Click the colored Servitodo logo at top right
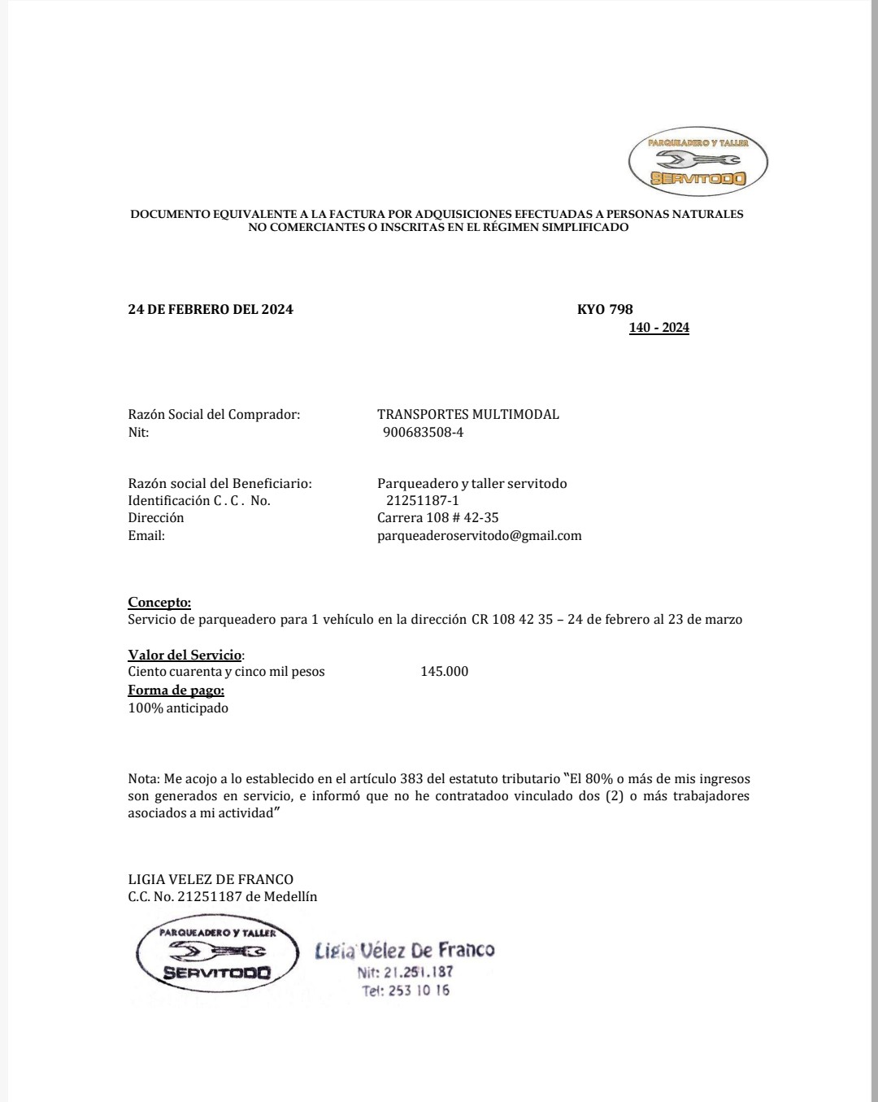698,162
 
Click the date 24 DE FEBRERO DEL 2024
211,309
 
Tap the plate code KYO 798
604,309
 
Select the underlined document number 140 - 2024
658,328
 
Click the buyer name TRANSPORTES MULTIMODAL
467,414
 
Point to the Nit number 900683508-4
423,432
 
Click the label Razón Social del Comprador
214,414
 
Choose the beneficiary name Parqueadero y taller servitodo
472,483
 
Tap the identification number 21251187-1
422,500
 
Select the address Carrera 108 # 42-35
437,517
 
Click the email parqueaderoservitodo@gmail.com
479,535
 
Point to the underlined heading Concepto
159,602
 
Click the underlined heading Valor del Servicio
185,655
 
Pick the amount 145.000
444,671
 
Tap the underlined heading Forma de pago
176,690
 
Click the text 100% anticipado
178,708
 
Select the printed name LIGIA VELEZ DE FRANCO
211,879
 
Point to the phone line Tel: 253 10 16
406,991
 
